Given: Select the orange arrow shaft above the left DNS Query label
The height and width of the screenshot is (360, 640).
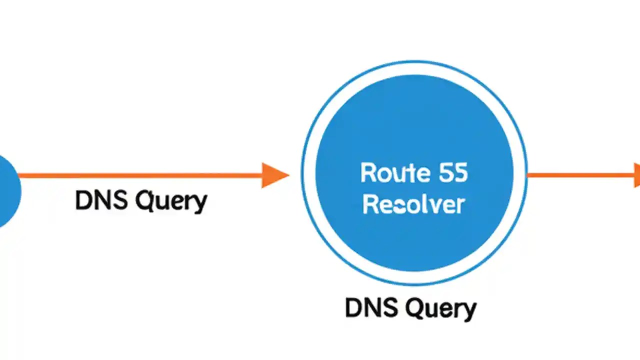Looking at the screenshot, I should [x=140, y=175].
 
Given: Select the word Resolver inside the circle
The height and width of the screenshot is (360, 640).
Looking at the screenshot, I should [x=413, y=205].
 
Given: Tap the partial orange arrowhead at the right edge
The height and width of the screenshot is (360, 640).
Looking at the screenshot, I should [x=637, y=175].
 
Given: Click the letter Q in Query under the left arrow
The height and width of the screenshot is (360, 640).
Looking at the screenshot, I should [x=145, y=201].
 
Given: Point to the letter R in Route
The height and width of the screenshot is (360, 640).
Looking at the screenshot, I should [x=368, y=173].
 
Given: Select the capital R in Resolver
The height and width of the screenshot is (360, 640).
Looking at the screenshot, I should [x=370, y=205].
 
